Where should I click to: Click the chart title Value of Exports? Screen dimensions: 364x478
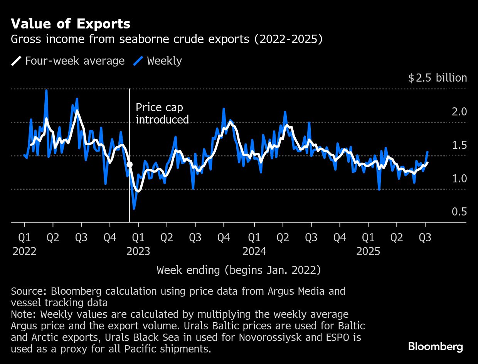pyautogui.click(x=71, y=24)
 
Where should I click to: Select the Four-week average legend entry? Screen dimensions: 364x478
pyautogui.click(x=68, y=61)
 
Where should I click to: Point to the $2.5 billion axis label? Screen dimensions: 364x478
pyautogui.click(x=437, y=78)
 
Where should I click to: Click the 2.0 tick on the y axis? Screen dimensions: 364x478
pyautogui.click(x=459, y=112)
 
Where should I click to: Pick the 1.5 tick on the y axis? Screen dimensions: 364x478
pyautogui.click(x=459, y=145)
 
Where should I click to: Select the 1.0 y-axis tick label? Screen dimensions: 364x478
pyautogui.click(x=459, y=179)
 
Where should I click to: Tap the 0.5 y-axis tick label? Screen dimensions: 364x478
pyautogui.click(x=459, y=212)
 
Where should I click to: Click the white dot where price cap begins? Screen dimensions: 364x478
pyautogui.click(x=130, y=164)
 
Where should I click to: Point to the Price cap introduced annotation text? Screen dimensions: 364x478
pyautogui.click(x=162, y=114)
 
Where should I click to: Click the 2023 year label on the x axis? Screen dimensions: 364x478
pyautogui.click(x=138, y=252)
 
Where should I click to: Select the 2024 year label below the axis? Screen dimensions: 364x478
pyautogui.click(x=254, y=252)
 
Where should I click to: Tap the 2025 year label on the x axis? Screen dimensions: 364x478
pyautogui.click(x=368, y=252)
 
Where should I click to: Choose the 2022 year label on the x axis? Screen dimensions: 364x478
pyautogui.click(x=25, y=252)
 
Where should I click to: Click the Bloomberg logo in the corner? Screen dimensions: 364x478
pyautogui.click(x=436, y=346)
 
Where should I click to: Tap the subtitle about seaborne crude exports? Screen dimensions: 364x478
pyautogui.click(x=167, y=39)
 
